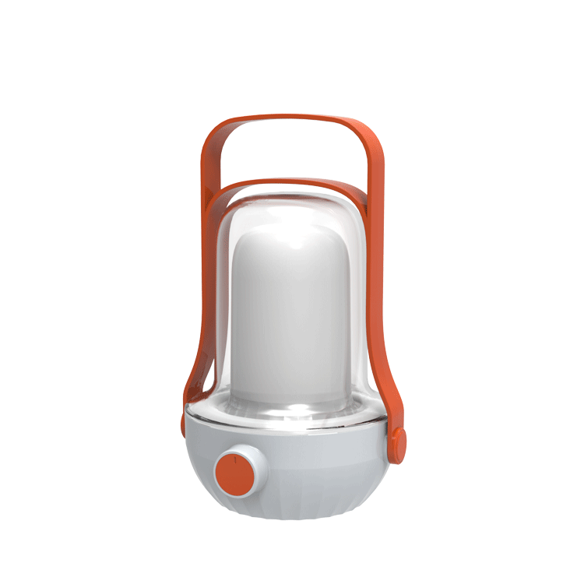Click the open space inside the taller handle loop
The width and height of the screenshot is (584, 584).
click(x=290, y=152)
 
